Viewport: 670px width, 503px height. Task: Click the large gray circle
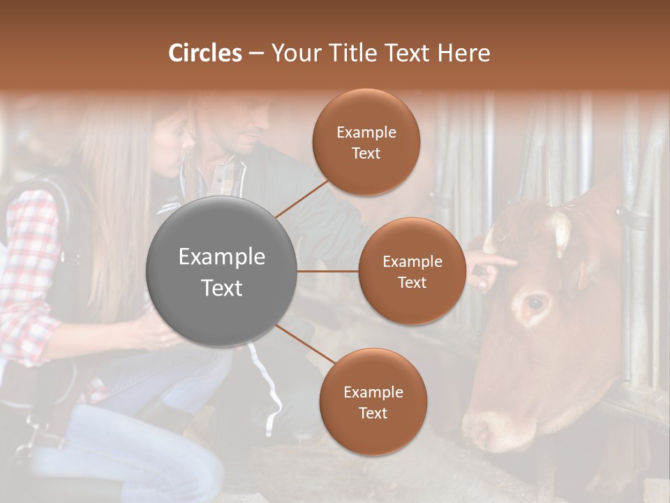click(222, 271)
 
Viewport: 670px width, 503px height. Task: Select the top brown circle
click(366, 142)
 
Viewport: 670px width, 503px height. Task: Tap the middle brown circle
click(412, 271)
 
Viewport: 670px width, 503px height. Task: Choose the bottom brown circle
click(373, 402)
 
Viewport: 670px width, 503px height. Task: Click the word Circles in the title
click(204, 53)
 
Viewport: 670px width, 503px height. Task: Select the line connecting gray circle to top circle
click(302, 198)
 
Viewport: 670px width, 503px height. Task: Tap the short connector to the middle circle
click(328, 271)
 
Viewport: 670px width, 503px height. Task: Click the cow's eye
click(535, 304)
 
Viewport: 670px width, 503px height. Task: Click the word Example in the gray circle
click(222, 257)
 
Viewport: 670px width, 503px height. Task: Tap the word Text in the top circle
click(366, 153)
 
